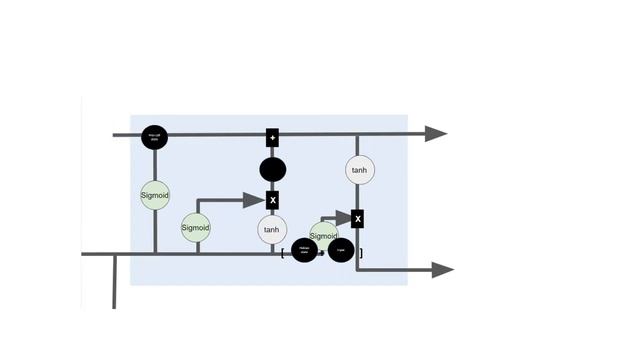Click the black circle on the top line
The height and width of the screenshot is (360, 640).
154,136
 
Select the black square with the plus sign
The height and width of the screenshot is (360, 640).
272,136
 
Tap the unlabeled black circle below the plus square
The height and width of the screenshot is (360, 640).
272,169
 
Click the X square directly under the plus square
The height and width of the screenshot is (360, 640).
272,201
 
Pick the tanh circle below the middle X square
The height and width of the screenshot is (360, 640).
272,230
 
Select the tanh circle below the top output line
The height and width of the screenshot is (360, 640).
359,170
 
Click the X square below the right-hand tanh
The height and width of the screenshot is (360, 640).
357,218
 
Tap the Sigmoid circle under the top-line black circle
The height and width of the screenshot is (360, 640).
155,194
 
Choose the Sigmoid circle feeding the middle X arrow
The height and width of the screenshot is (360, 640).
196,227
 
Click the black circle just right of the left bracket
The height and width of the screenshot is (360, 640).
305,251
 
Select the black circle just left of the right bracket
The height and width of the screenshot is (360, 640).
341,251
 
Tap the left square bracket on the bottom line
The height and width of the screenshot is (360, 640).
283,253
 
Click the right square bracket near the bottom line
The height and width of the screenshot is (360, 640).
361,253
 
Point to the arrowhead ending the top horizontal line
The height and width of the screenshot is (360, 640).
436,134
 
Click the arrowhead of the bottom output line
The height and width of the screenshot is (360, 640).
442,269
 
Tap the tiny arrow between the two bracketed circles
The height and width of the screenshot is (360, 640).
322,253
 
